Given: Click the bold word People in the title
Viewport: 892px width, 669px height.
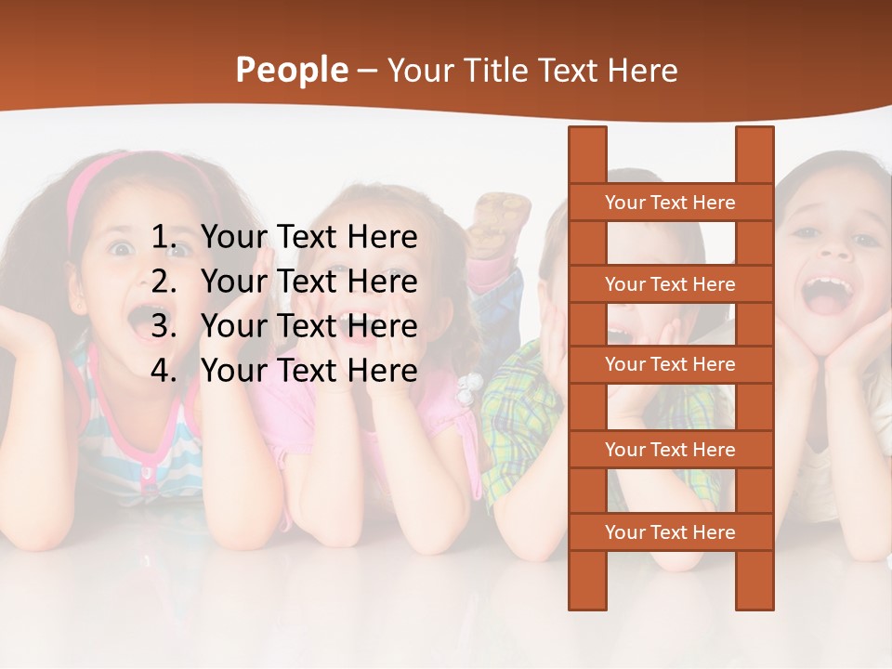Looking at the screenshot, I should click(292, 70).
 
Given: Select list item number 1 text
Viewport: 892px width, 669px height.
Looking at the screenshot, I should click(308, 237).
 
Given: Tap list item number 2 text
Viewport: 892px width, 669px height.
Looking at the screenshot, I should click(308, 282).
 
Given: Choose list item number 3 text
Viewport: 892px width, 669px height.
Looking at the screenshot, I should click(308, 326).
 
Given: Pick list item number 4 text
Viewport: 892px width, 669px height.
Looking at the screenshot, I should click(308, 371).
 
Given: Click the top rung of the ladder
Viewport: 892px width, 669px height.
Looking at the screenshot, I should click(670, 203).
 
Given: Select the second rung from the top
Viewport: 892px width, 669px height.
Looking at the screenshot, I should click(670, 284).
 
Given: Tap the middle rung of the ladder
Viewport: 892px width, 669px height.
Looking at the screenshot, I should click(670, 365).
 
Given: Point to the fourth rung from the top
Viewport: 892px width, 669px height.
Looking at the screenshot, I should click(670, 450).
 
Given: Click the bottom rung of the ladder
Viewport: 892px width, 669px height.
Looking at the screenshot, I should click(670, 532).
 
